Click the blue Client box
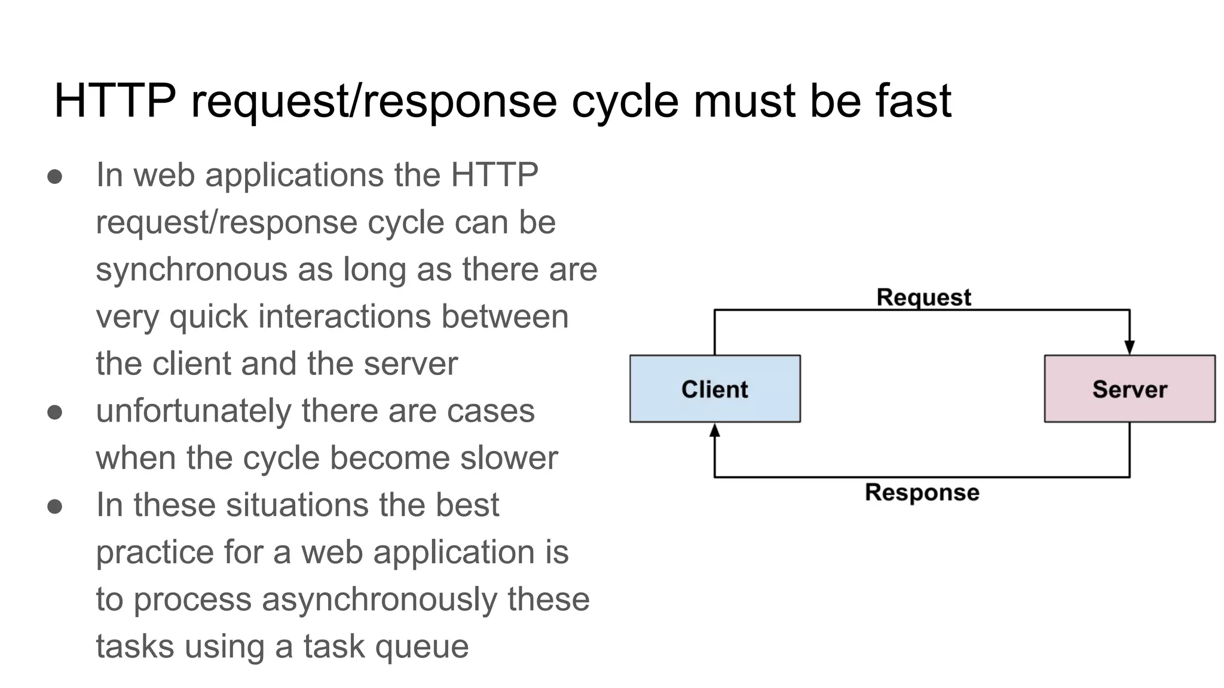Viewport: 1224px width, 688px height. point(715,389)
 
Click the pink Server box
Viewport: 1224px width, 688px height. point(1129,389)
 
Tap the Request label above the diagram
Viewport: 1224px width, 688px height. point(923,297)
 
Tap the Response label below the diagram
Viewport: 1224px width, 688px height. point(922,493)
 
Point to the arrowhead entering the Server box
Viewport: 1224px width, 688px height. point(1129,348)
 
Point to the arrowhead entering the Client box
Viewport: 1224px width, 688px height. point(715,430)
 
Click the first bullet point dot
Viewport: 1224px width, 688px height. point(55,176)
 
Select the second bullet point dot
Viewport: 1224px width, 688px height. point(55,412)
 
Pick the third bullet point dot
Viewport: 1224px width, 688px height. point(55,506)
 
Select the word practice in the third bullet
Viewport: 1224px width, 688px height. point(154,552)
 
